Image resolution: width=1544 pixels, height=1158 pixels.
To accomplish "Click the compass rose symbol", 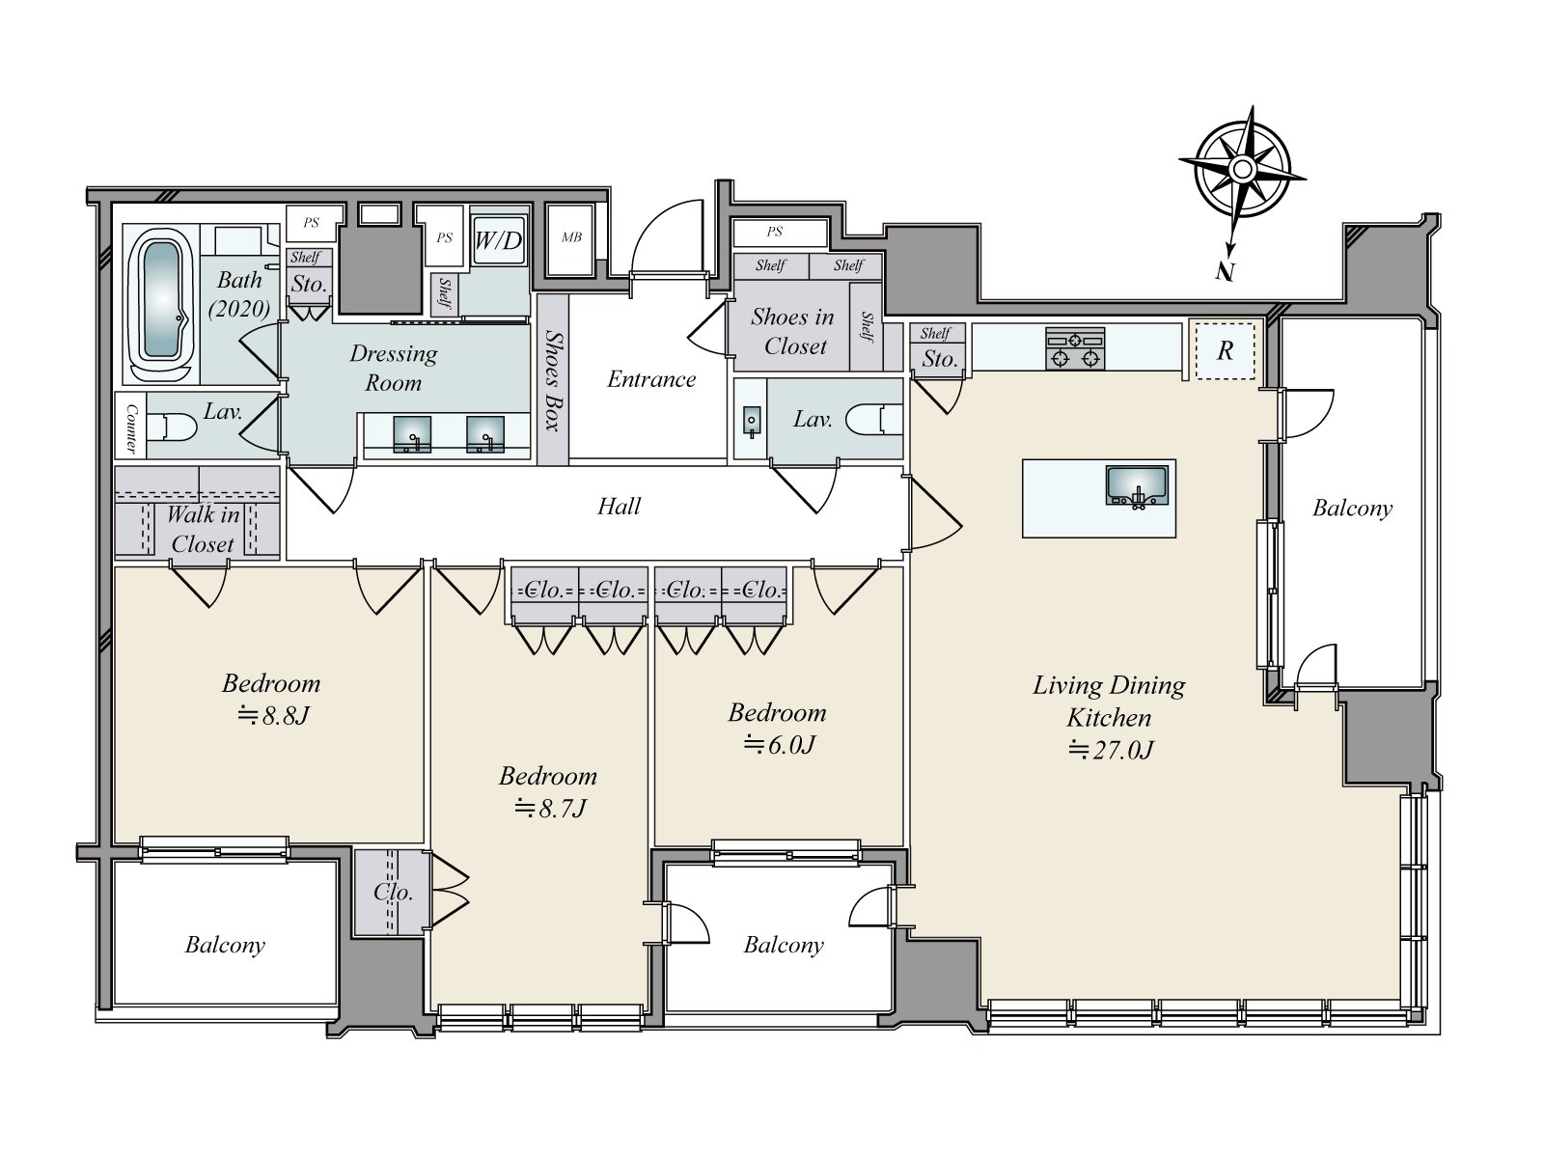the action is click(x=1242, y=170).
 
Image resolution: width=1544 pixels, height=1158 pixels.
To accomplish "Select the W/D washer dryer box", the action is click(x=499, y=241).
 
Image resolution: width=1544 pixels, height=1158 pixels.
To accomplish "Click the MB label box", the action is click(x=571, y=237).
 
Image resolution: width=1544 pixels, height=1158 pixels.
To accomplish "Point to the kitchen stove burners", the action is click(x=1074, y=348).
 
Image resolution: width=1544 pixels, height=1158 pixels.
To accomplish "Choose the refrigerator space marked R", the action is click(x=1225, y=351).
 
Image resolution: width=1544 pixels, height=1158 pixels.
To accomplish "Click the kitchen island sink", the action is click(x=1136, y=485).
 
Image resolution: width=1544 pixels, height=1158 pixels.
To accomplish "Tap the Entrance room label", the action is click(x=651, y=379).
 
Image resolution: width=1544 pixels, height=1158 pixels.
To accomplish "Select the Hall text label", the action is click(x=619, y=507).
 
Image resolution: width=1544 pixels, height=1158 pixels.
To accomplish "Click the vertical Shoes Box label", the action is click(x=554, y=380).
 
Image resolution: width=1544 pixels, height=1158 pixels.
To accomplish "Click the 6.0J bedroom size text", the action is click(x=780, y=745).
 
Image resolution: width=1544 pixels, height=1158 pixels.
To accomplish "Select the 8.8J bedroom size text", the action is click(x=274, y=716).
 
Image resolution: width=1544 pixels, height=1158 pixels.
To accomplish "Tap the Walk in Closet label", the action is click(x=203, y=530).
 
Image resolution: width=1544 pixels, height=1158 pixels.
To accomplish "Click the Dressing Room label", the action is click(x=393, y=368).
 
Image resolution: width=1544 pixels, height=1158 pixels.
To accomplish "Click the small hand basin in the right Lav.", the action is click(x=751, y=421).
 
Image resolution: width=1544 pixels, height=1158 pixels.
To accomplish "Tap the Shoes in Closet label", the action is click(x=793, y=331).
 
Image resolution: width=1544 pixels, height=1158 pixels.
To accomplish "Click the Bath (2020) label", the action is click(x=239, y=294).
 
